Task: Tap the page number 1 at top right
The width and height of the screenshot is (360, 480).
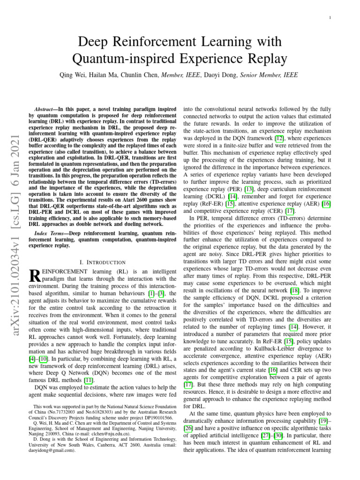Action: (x=330, y=18)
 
